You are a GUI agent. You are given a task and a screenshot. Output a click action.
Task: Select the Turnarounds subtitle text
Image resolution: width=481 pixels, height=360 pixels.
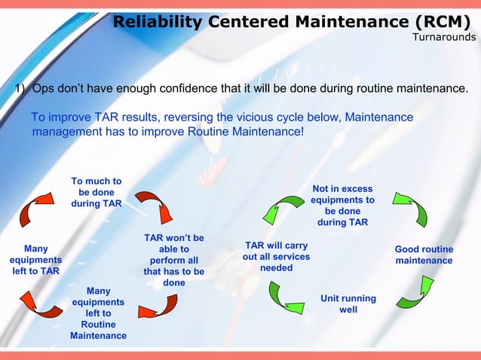click(444, 38)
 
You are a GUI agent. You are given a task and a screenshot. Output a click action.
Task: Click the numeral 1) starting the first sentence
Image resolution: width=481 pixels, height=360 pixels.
click(22, 90)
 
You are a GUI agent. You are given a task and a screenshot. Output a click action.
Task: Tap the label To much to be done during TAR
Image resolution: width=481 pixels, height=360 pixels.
click(97, 193)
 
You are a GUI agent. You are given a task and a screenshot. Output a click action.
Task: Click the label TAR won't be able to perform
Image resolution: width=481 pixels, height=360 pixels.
click(173, 261)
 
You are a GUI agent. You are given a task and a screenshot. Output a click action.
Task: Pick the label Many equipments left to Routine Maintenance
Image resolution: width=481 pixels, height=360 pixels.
click(98, 313)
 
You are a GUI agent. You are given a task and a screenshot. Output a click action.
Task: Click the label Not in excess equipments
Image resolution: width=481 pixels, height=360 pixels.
click(343, 206)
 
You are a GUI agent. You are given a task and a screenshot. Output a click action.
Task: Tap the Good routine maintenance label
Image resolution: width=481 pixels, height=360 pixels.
click(424, 255)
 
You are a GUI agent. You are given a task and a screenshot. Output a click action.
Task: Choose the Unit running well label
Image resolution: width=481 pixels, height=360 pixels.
click(348, 304)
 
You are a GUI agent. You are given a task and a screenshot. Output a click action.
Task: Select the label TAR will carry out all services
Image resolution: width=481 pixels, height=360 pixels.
click(276, 257)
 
